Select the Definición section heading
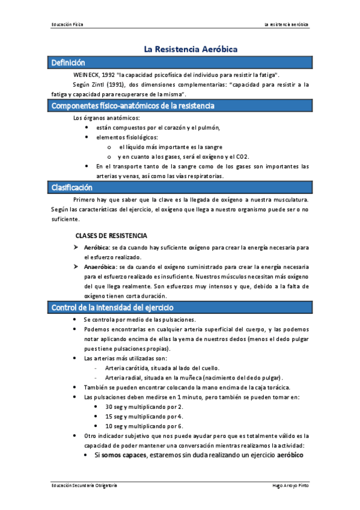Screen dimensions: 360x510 [69, 63]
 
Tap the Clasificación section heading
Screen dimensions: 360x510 [72, 188]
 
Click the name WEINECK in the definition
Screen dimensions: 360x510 [87, 75]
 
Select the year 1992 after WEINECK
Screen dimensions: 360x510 [109, 75]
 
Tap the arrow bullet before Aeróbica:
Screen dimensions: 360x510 [76, 247]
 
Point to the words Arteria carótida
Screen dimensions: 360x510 [124, 368]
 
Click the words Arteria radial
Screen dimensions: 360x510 [121, 378]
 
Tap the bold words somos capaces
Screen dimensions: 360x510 [123, 455]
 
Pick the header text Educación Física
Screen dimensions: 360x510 [68, 25]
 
